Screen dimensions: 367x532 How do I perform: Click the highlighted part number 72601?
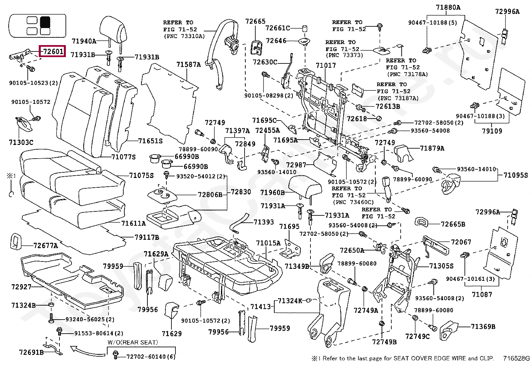52,51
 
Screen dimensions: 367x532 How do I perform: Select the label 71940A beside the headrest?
84,41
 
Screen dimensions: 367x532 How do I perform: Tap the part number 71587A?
188,64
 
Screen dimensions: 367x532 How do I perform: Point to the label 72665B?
453,224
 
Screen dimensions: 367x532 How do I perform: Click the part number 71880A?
448,7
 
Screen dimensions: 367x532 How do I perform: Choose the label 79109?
492,131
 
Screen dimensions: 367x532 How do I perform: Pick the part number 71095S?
516,175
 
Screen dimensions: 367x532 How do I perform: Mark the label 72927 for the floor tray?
21,287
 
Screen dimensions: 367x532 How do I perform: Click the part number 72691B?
31,352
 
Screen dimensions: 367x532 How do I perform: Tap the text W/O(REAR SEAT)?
133,342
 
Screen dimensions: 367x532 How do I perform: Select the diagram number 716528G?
516,358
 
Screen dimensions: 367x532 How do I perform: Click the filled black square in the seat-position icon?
45,22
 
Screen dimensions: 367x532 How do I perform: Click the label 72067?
461,242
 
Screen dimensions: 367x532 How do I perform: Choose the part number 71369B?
483,326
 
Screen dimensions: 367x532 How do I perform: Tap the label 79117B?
147,237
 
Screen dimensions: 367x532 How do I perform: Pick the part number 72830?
241,192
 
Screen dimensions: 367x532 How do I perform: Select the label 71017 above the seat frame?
325,65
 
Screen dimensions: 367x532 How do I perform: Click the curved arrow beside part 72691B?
88,351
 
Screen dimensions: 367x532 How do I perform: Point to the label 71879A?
432,148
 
